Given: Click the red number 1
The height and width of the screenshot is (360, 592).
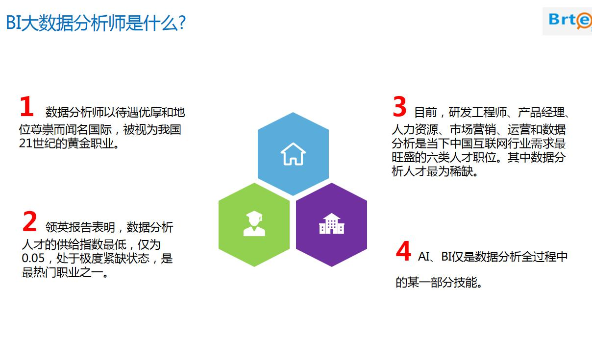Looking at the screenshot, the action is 27,106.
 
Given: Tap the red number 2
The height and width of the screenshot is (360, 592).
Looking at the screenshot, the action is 29,221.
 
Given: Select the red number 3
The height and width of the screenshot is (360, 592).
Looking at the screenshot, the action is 399,106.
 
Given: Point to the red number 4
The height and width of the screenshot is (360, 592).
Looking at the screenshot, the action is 403,251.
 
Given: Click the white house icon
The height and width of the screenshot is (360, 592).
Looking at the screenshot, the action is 293,154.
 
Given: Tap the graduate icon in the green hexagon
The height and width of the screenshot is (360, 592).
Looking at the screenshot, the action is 254,223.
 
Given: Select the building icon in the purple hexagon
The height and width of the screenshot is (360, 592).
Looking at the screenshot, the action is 332,224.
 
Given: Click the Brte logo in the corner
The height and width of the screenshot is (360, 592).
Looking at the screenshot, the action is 569,21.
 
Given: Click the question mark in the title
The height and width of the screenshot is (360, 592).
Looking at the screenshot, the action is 182,23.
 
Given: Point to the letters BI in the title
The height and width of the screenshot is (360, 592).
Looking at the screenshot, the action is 13,23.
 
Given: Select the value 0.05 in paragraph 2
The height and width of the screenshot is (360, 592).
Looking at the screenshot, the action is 33,258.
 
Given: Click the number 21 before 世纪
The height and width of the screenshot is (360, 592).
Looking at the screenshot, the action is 26,144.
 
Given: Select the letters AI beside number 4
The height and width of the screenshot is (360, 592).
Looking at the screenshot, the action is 424,257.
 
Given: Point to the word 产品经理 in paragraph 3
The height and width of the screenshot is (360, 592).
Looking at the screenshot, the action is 541,113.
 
